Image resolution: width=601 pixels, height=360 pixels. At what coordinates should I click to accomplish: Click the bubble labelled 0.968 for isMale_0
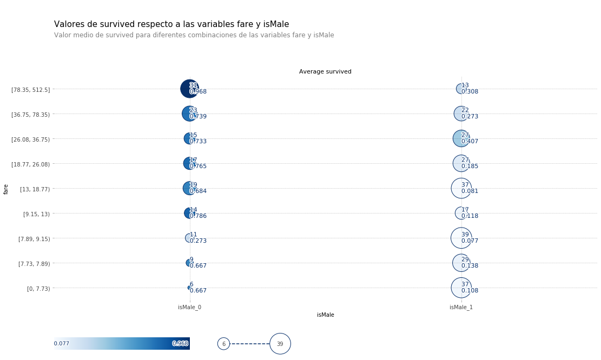pyautogui.click(x=189, y=89)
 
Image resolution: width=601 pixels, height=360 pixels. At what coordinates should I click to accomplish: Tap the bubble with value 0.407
pyautogui.click(x=461, y=138)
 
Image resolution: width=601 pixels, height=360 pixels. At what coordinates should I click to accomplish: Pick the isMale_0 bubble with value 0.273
pyautogui.click(x=189, y=238)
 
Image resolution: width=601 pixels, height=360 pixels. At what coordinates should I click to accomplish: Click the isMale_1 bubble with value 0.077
pyautogui.click(x=461, y=238)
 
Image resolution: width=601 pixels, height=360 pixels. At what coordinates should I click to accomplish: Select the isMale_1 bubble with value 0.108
pyautogui.click(x=461, y=288)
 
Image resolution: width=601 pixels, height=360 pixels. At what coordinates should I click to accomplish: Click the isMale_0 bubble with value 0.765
pyautogui.click(x=189, y=163)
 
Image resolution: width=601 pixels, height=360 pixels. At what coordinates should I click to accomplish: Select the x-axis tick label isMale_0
pyautogui.click(x=189, y=308)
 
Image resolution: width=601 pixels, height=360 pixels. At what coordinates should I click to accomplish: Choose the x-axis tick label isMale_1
pyautogui.click(x=461, y=308)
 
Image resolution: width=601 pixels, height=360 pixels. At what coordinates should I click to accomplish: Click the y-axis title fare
pyautogui.click(x=6, y=189)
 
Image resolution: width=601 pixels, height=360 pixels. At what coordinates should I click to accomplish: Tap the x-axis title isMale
pyautogui.click(x=325, y=315)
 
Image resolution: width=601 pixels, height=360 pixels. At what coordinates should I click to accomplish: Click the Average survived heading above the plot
pyautogui.click(x=325, y=72)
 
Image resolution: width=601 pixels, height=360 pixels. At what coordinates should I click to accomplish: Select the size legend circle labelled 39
pyautogui.click(x=280, y=344)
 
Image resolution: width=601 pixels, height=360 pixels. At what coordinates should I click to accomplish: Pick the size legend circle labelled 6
pyautogui.click(x=223, y=344)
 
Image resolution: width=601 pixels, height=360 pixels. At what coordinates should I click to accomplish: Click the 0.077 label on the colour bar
pyautogui.click(x=61, y=344)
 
